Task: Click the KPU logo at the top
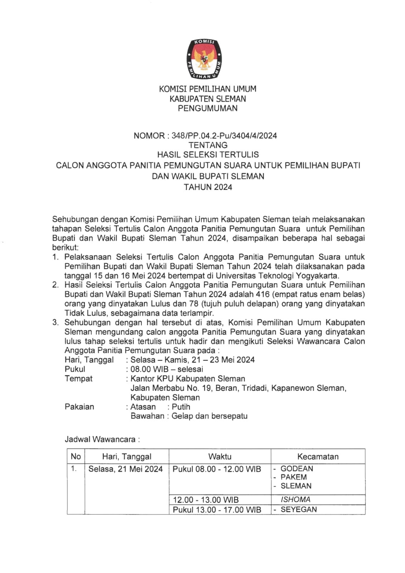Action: (x=204, y=59)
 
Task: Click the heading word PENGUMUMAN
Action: (x=208, y=108)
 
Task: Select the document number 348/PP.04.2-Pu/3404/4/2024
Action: (x=224, y=136)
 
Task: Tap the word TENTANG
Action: (x=208, y=145)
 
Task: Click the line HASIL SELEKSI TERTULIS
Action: (x=208, y=155)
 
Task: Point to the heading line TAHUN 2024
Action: (x=208, y=187)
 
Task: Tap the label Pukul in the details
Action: (x=75, y=369)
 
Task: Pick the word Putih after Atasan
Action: (x=181, y=407)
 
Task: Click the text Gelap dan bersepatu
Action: (x=209, y=416)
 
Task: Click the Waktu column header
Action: (x=220, y=457)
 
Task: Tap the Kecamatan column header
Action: (x=318, y=457)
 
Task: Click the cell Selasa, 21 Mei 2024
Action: (x=126, y=469)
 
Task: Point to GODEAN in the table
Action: (x=297, y=469)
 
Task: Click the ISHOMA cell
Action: (x=296, y=500)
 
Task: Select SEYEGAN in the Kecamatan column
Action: (x=299, y=510)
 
